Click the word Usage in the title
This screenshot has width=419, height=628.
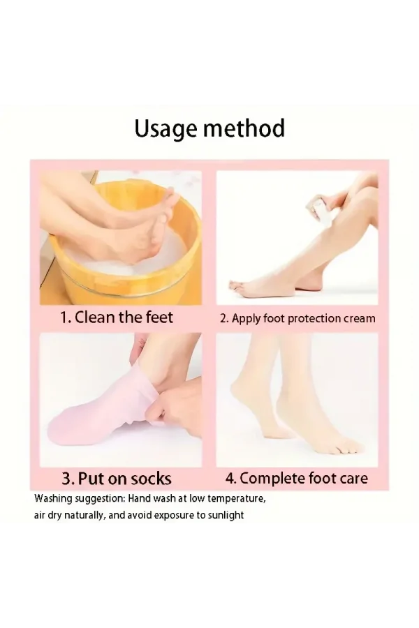[166, 129]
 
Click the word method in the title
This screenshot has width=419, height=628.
[244, 128]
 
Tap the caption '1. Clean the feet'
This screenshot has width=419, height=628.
[117, 317]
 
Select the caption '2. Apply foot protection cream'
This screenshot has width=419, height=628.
[297, 318]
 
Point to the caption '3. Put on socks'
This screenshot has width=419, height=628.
[117, 478]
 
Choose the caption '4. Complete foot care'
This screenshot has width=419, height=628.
[297, 478]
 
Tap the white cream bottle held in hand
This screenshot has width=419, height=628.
[318, 207]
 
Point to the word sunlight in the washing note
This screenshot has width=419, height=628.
[226, 515]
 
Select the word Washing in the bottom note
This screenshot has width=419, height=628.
[53, 499]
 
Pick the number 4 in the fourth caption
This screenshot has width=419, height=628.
[230, 478]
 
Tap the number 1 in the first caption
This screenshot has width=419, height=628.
[63, 317]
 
